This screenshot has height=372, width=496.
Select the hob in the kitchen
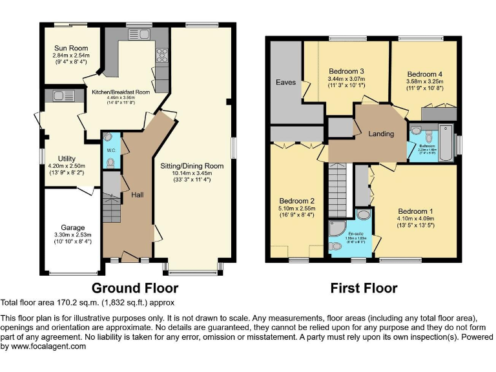pos(160,56)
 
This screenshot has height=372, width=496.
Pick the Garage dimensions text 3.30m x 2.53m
pos(72,235)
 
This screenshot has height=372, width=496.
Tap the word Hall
pos(137,194)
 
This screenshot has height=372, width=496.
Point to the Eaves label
pos(285,83)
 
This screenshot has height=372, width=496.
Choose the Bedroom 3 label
pos(347,71)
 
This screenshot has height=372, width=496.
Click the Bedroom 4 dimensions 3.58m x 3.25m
pos(424,82)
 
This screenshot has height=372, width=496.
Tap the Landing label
pos(381,134)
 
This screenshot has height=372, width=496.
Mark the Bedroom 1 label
pos(415,211)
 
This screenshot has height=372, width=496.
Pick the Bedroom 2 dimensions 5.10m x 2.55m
pos(296,209)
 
